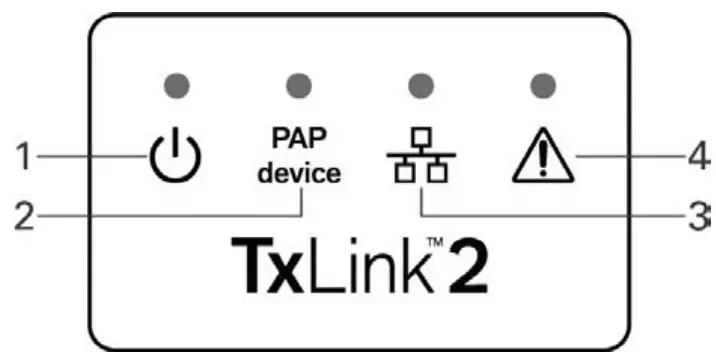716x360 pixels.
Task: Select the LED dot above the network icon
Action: coord(421,82)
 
